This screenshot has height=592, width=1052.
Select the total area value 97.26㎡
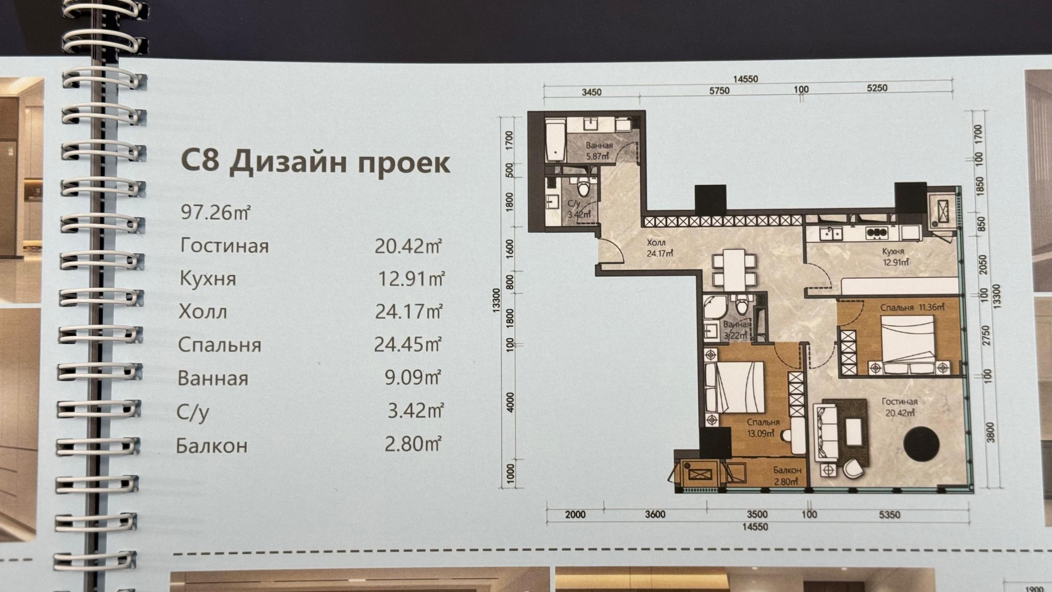(x=215, y=213)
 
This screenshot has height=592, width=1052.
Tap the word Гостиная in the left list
(x=224, y=246)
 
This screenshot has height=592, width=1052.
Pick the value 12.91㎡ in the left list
(x=411, y=279)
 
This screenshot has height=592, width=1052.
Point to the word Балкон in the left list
(x=212, y=446)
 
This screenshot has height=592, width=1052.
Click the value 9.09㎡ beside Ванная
(x=413, y=377)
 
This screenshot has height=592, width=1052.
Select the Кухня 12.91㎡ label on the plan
(x=893, y=257)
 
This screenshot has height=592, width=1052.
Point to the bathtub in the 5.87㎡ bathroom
(x=556, y=140)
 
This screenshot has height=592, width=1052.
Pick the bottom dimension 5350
(x=889, y=514)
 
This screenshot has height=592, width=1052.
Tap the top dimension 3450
(x=591, y=92)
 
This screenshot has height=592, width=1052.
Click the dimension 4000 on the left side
(x=510, y=402)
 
